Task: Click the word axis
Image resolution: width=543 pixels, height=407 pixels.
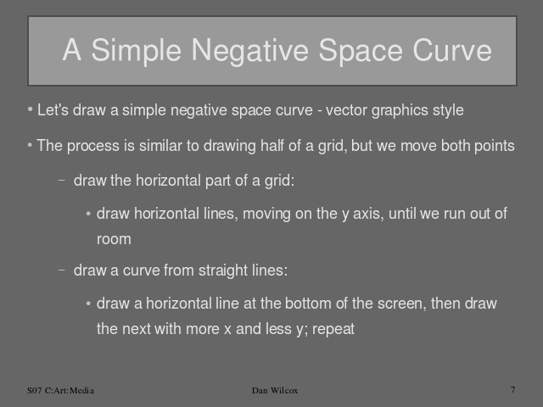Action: [369, 214]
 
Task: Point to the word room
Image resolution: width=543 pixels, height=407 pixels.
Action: [114, 239]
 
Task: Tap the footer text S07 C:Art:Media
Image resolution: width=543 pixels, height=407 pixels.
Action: [60, 390]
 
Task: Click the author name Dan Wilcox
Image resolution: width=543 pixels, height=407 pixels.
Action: [275, 390]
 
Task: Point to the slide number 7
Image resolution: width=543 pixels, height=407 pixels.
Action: [513, 389]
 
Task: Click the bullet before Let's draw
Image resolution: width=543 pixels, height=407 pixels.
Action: [30, 109]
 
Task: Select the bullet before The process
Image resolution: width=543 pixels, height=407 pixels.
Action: [30, 145]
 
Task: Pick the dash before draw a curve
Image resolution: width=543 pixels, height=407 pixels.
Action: [62, 270]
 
